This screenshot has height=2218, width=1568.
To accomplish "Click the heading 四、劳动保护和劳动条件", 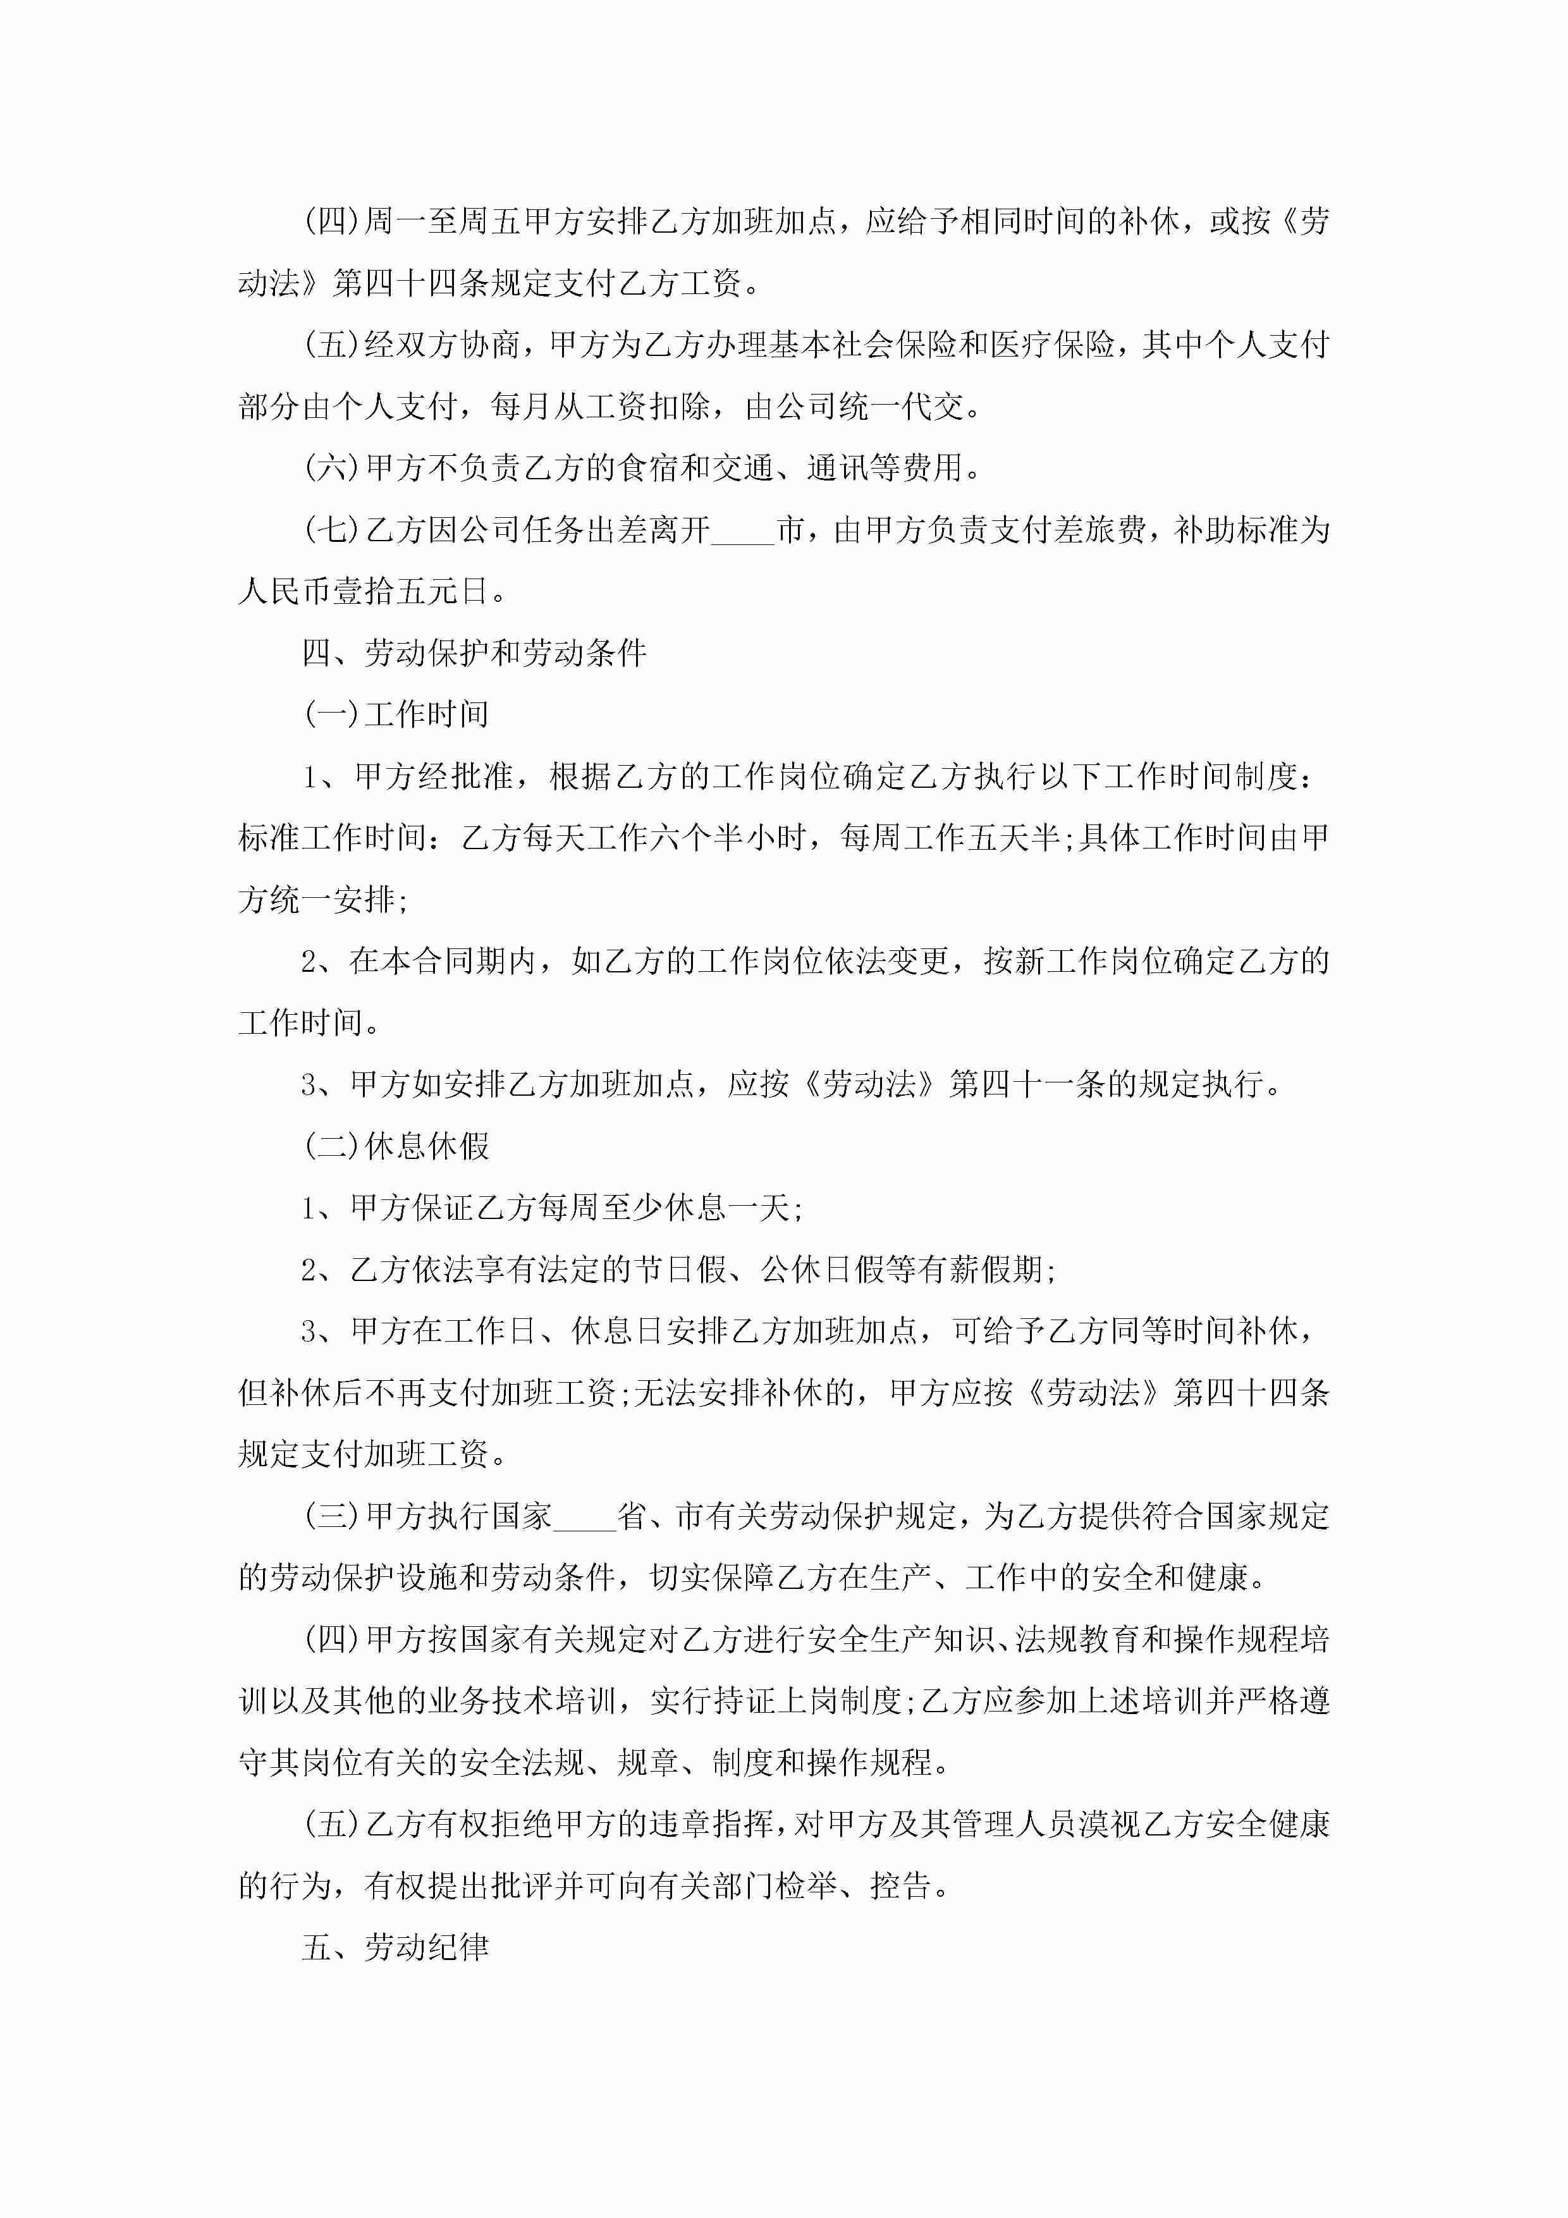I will (x=474, y=653).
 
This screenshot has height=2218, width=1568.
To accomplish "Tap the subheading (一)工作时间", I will (x=396, y=715).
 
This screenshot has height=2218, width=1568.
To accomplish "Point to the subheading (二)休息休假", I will (x=396, y=1147).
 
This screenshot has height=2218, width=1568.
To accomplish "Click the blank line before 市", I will (x=743, y=530).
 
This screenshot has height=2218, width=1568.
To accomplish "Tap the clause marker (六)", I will (x=331, y=469).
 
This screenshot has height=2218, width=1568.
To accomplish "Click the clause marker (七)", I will (x=331, y=530).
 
